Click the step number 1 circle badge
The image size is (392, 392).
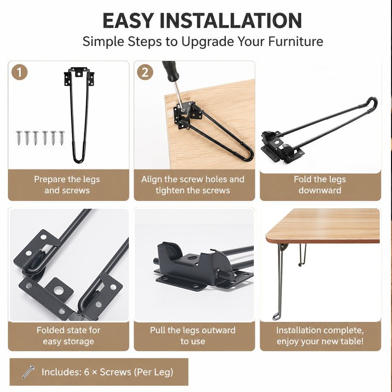(x=19, y=72)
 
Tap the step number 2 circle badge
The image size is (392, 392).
(x=145, y=72)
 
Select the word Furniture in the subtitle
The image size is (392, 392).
(x=296, y=42)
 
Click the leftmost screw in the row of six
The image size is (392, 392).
(x=19, y=138)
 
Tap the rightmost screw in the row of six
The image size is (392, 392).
(x=62, y=138)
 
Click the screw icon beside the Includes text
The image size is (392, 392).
(x=28, y=371)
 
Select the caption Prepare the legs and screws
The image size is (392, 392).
(x=67, y=185)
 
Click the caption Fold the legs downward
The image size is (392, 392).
(x=320, y=185)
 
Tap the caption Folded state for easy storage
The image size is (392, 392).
(x=68, y=336)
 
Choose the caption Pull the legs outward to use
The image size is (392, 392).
(x=193, y=336)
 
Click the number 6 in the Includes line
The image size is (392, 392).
(x=87, y=372)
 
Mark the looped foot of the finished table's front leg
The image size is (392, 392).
(x=276, y=316)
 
